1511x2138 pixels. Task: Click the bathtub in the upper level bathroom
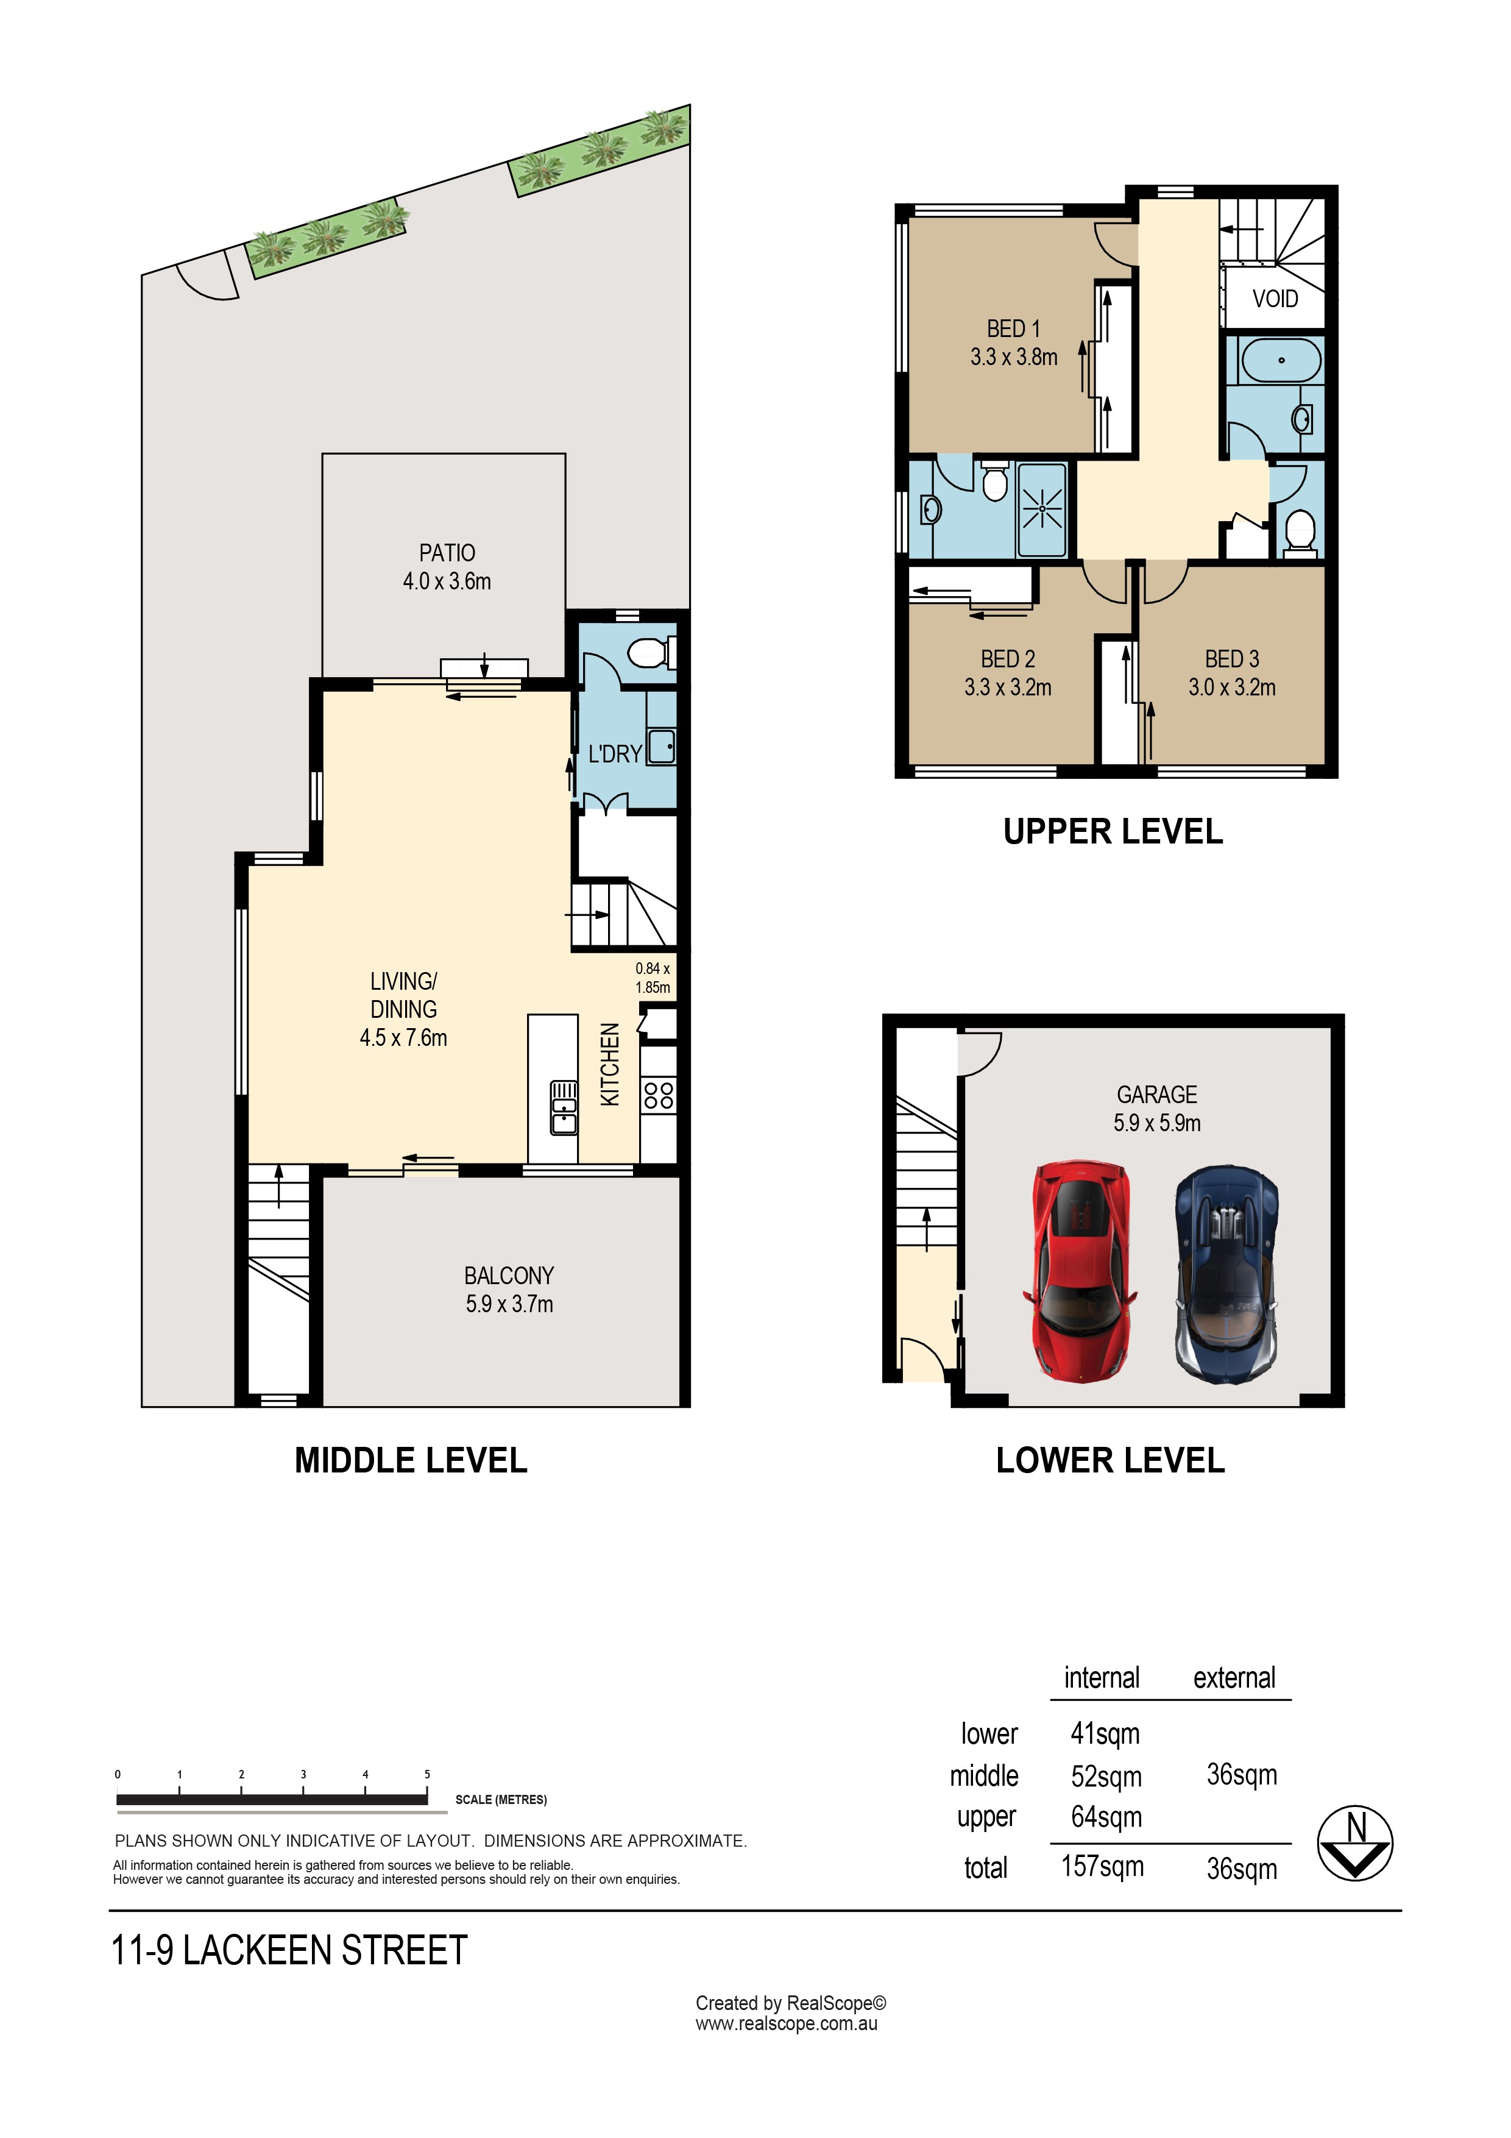(x=1281, y=360)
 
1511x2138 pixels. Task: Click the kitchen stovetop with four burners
(x=658, y=1094)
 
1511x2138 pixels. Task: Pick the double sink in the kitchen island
(x=563, y=1107)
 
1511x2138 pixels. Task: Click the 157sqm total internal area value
(x=1102, y=1866)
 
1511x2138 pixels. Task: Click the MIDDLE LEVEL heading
(x=411, y=1460)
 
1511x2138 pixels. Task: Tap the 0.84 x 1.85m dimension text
(x=653, y=978)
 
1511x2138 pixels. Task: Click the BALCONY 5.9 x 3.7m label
(x=509, y=1289)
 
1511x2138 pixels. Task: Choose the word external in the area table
(x=1234, y=1678)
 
